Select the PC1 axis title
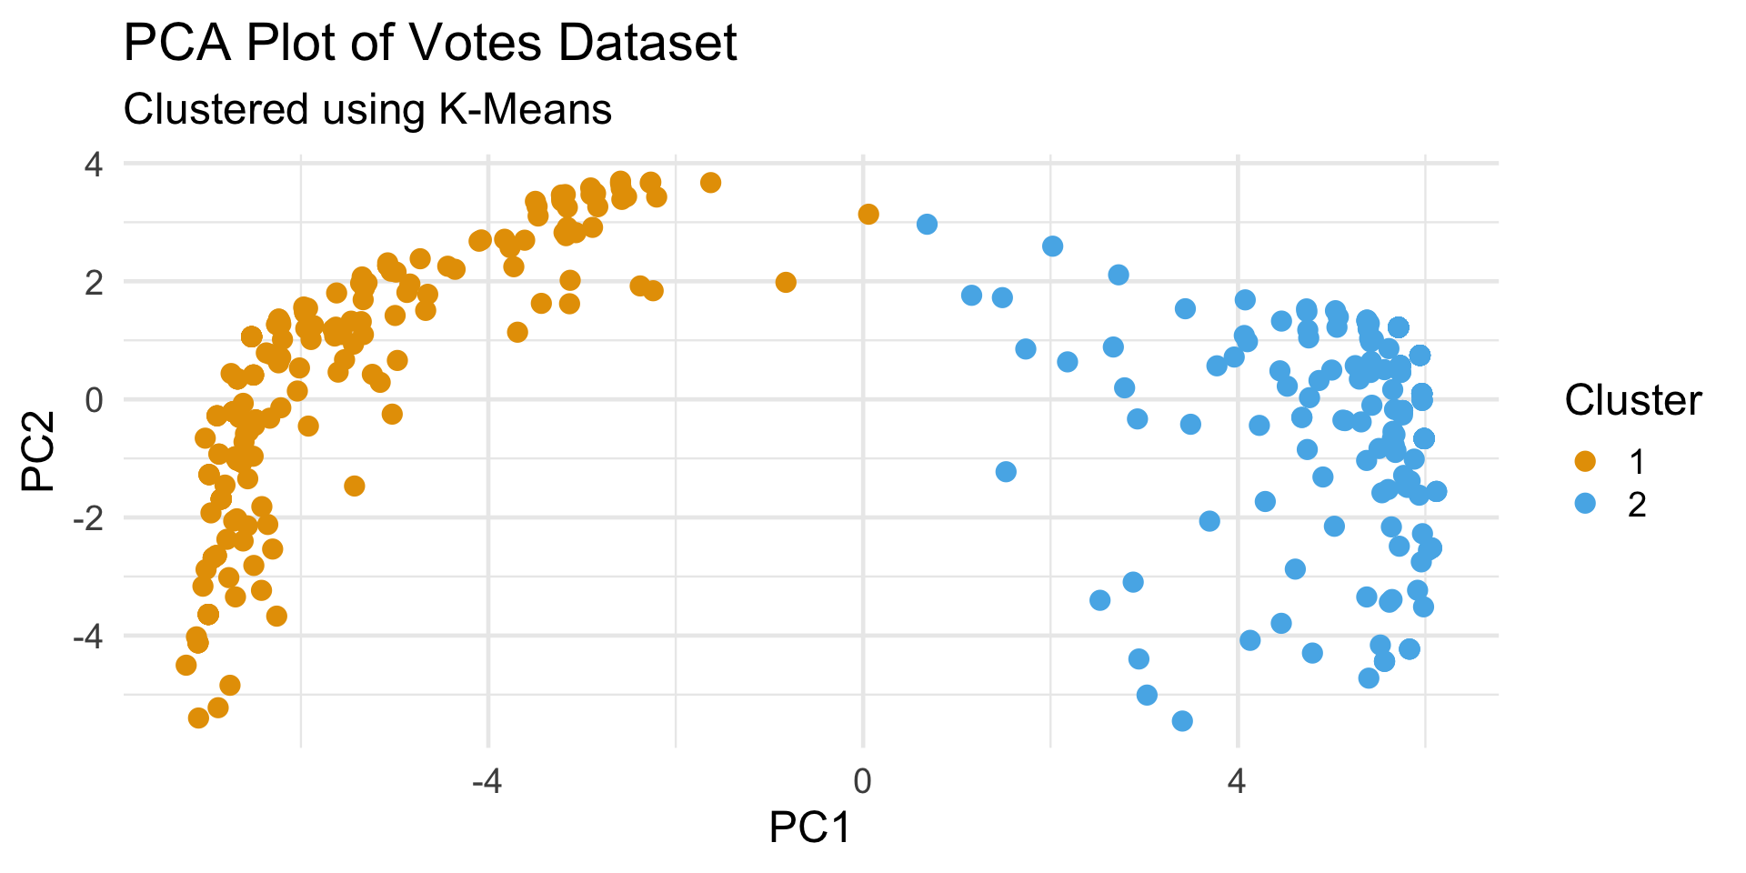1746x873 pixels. pos(809,828)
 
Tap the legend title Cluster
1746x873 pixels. pos(1633,400)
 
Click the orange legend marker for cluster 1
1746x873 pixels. pos(1585,462)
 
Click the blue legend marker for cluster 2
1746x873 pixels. pos(1585,504)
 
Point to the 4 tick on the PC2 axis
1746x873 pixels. pos(94,165)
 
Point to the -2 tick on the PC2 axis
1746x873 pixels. pos(86,517)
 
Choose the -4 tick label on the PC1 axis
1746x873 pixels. pos(487,781)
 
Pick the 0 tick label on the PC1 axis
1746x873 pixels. pos(862,781)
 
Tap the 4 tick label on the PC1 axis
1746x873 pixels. pos(1237,781)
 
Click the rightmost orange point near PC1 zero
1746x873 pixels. pos(868,215)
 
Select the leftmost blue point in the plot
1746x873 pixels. pos(927,224)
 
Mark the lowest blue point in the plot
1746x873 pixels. pos(1182,721)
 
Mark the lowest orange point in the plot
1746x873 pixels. pos(198,718)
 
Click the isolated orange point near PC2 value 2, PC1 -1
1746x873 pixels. pos(786,283)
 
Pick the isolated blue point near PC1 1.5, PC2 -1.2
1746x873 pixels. pos(1006,472)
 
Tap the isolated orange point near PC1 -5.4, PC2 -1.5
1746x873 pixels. pos(355,487)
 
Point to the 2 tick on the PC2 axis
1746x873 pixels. pos(94,282)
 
